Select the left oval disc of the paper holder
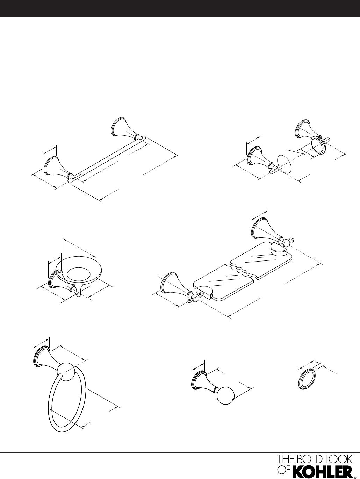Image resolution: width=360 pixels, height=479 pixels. (285, 164)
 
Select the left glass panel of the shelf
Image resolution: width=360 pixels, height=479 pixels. (223, 283)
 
